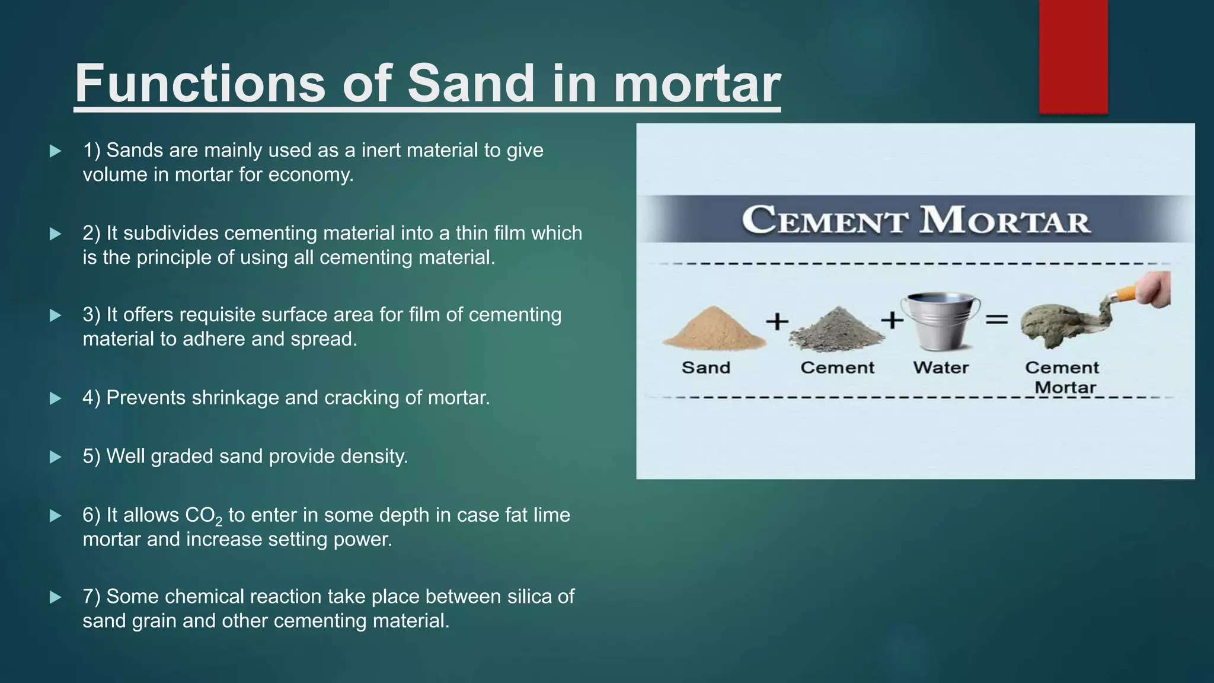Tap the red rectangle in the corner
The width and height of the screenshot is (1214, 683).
[x=1073, y=56]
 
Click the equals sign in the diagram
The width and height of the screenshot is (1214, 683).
[x=996, y=320]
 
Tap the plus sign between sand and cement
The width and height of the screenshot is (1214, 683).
[x=777, y=322]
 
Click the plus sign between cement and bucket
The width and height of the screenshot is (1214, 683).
[x=892, y=320]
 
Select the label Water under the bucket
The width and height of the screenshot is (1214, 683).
[x=941, y=368]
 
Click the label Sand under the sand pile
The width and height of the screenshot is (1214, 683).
[x=705, y=368]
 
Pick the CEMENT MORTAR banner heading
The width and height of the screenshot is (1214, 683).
[x=916, y=220]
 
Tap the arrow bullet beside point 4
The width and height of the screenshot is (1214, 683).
[x=56, y=398]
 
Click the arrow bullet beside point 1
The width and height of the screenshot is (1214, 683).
[x=56, y=151]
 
